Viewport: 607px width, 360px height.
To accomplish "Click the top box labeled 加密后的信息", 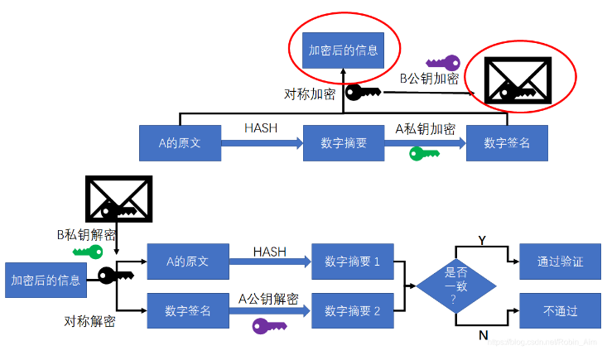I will pos(342,50).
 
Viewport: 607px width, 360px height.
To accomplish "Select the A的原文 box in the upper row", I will pos(181,143).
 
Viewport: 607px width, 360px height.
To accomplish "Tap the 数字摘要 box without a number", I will pos(344,143).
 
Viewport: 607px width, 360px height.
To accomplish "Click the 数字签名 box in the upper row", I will pos(507,143).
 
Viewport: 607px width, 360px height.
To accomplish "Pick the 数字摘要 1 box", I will pos(352,262).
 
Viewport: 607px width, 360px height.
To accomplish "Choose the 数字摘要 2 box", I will pos(352,311).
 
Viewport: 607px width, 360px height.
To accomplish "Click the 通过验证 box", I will pos(560,262).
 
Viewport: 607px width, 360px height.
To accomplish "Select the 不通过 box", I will pos(560,311).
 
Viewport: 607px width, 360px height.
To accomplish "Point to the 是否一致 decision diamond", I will pos(456,286).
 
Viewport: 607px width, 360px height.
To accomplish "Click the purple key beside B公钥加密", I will pos(442,63).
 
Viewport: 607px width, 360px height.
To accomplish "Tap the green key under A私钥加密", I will pos(424,153).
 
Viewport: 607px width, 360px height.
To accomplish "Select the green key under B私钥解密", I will pos(88,252).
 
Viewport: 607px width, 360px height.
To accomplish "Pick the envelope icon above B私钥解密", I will pos(119,200).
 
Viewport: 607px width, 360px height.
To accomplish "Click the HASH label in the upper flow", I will pos(261,128).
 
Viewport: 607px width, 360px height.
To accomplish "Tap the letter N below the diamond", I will pos(482,335).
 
